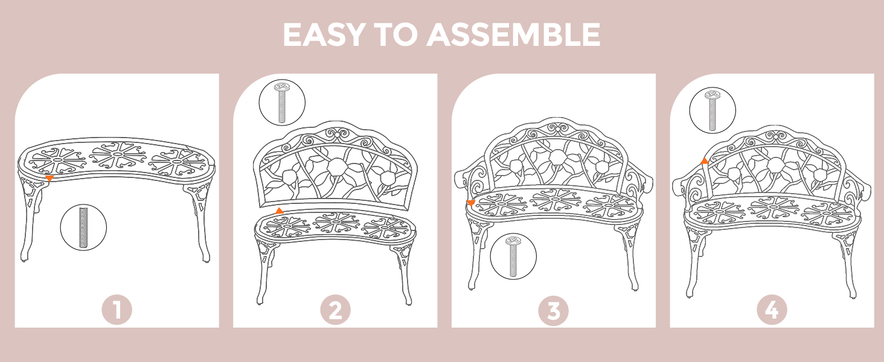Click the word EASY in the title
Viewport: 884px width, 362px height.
tap(323, 35)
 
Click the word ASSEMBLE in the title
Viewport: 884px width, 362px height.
tap(513, 35)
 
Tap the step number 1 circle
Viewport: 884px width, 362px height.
tap(117, 310)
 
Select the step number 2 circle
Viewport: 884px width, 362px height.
tap(336, 310)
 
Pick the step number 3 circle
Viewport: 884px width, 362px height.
tap(554, 310)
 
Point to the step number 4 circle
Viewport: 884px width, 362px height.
tap(772, 310)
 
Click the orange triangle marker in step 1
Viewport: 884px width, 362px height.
tap(49, 179)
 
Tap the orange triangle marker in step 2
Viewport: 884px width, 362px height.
tap(280, 211)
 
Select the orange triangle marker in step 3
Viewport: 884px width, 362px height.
tap(471, 203)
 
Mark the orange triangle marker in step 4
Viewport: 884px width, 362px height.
tap(705, 160)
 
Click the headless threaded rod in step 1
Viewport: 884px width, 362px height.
tap(83, 227)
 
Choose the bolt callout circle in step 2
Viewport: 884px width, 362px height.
tap(282, 103)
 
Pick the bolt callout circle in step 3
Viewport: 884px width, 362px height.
tap(513, 256)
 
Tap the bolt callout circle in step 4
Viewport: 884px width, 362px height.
tap(713, 110)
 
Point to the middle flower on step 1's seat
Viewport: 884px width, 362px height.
tap(118, 156)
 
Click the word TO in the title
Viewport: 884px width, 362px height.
tap(395, 35)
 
